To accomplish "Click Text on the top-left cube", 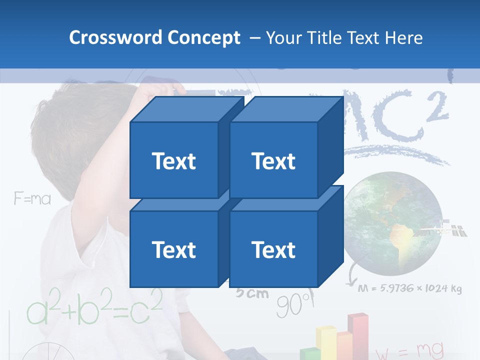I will (173, 161).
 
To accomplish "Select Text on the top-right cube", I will (273, 161).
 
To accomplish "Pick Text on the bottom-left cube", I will (173, 249).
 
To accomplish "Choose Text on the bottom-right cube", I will (273, 249).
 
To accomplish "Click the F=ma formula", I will (32, 199).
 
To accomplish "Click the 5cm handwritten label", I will (252, 293).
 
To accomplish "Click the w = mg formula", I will (409, 351).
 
